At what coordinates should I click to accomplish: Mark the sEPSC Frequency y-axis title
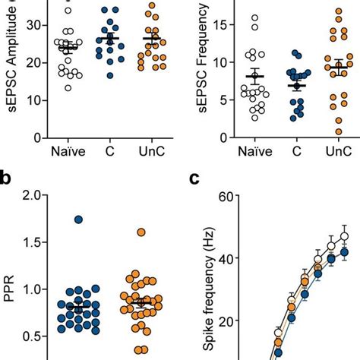(x=199, y=61)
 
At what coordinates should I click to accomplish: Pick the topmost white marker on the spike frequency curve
(x=344, y=236)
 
